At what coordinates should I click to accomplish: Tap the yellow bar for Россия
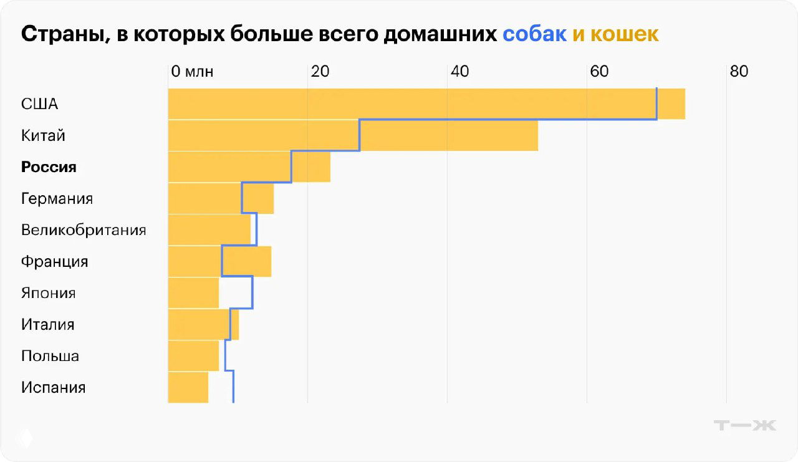click(x=249, y=167)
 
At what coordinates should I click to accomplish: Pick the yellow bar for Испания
click(x=188, y=387)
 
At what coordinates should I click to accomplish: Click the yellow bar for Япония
click(x=193, y=293)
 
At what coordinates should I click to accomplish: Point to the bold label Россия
click(x=49, y=167)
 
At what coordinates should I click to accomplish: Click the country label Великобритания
click(x=84, y=230)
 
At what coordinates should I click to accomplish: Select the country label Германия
click(x=57, y=199)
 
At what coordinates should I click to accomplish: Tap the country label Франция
click(x=54, y=261)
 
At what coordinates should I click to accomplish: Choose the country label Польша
click(x=50, y=356)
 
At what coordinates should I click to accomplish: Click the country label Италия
click(x=47, y=325)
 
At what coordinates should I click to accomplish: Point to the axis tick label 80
click(x=739, y=72)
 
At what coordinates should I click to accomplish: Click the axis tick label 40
click(x=459, y=72)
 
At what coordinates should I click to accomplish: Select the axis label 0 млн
click(x=192, y=72)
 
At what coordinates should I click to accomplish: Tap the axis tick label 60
click(x=599, y=72)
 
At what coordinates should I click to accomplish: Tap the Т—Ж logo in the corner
click(x=744, y=426)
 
